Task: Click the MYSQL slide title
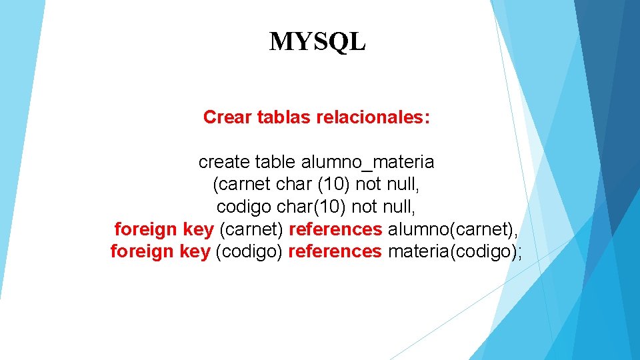pyautogui.click(x=317, y=42)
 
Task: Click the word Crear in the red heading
pyautogui.click(x=225, y=117)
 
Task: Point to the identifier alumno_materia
pyautogui.click(x=367, y=161)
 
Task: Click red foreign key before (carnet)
pyautogui.click(x=164, y=229)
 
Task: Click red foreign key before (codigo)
pyautogui.click(x=160, y=252)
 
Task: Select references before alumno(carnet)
pyautogui.click(x=335, y=229)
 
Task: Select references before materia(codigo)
pyautogui.click(x=335, y=252)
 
